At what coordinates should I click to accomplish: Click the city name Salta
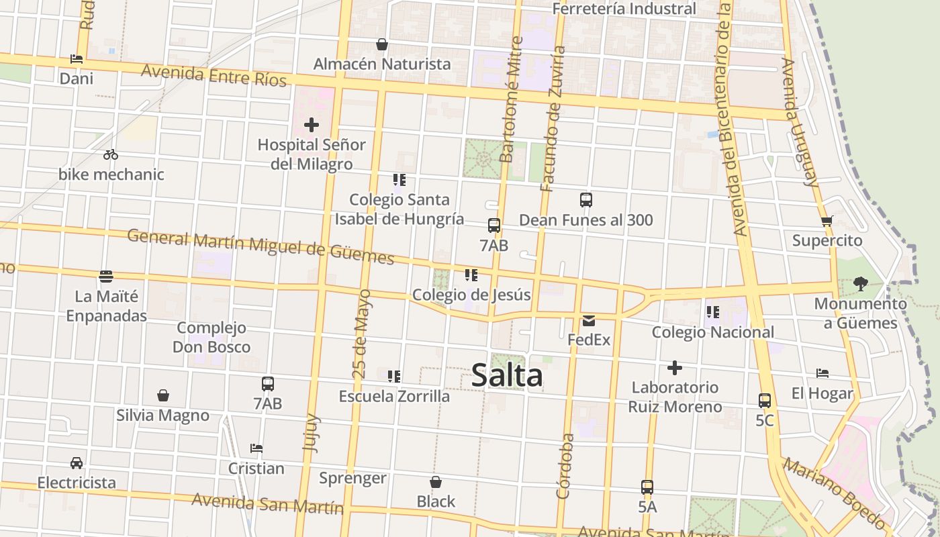[507, 375]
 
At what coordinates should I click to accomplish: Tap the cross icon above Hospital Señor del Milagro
[312, 125]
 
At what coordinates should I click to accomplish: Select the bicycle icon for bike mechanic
[111, 155]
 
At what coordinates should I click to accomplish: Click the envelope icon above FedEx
[589, 321]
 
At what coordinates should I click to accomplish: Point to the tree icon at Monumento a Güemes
[860, 284]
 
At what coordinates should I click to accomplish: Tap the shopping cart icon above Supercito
[827, 221]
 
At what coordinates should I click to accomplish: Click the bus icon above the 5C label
[764, 401]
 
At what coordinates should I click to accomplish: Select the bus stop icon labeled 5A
[647, 487]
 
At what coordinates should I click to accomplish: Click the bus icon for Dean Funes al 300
[585, 200]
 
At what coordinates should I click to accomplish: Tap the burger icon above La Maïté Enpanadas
[106, 277]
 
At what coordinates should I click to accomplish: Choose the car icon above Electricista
[77, 463]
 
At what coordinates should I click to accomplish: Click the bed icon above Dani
[77, 59]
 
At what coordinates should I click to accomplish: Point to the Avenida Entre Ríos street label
[214, 75]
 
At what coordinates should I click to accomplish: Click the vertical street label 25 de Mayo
[361, 334]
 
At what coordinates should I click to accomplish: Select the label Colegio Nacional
[712, 332]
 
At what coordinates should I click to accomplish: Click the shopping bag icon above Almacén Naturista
[382, 45]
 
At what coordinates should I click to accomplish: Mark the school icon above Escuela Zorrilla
[394, 377]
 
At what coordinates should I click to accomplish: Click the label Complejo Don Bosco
[211, 338]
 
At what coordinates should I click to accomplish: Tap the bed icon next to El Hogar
[822, 373]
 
